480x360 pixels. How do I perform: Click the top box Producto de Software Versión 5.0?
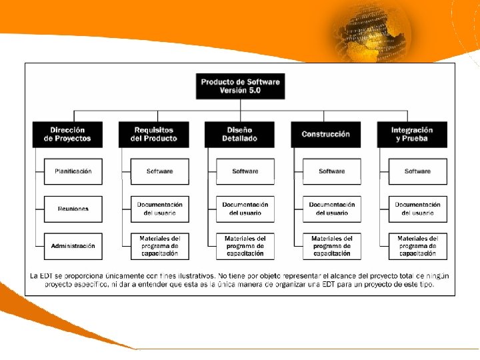pyautogui.click(x=240, y=86)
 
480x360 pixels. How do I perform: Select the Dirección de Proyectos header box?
pyautogui.click(x=67, y=134)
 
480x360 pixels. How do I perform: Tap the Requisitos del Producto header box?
pyautogui.click(x=154, y=134)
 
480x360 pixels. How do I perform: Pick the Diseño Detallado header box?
pyautogui.click(x=240, y=134)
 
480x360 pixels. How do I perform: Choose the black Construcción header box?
pyautogui.click(x=325, y=134)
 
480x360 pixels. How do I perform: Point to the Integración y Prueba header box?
pyautogui.click(x=412, y=134)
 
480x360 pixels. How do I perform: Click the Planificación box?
pyautogui.click(x=73, y=171)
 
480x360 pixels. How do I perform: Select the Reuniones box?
pyautogui.click(x=73, y=209)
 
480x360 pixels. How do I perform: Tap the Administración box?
pyautogui.click(x=73, y=246)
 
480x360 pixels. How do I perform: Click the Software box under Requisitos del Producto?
pyautogui.click(x=159, y=171)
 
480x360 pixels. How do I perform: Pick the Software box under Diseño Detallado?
pyautogui.click(x=245, y=171)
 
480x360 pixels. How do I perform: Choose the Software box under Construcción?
pyautogui.click(x=331, y=171)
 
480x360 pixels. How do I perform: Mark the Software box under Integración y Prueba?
pyautogui.click(x=417, y=171)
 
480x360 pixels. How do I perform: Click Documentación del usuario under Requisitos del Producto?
pyautogui.click(x=159, y=209)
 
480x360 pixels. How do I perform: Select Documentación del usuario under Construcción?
pyautogui.click(x=331, y=209)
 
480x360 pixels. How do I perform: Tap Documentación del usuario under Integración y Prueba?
pyautogui.click(x=417, y=209)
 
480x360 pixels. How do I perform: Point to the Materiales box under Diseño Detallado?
pyautogui.click(x=245, y=246)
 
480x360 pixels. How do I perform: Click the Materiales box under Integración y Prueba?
pyautogui.click(x=417, y=246)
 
